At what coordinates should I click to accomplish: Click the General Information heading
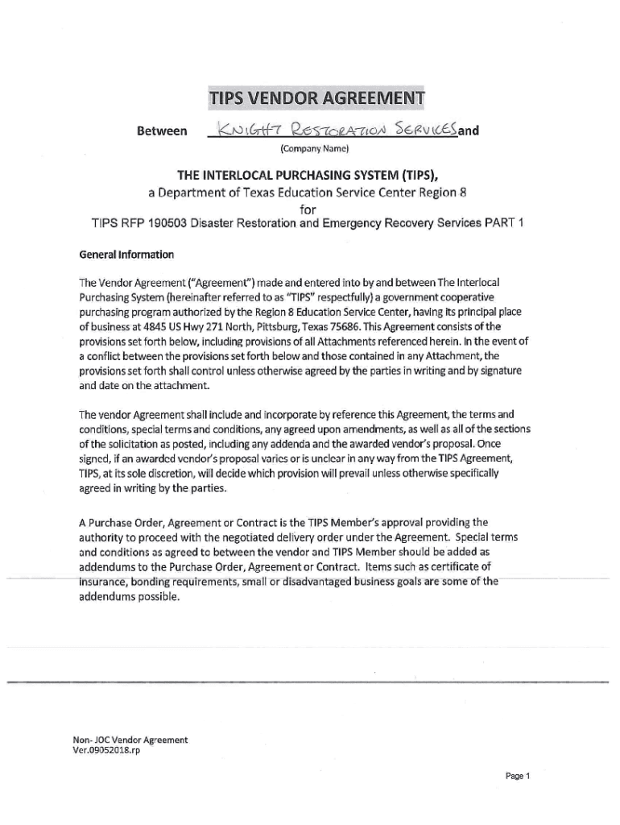pyautogui.click(x=126, y=255)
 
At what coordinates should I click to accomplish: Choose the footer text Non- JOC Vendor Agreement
pyautogui.click(x=130, y=739)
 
